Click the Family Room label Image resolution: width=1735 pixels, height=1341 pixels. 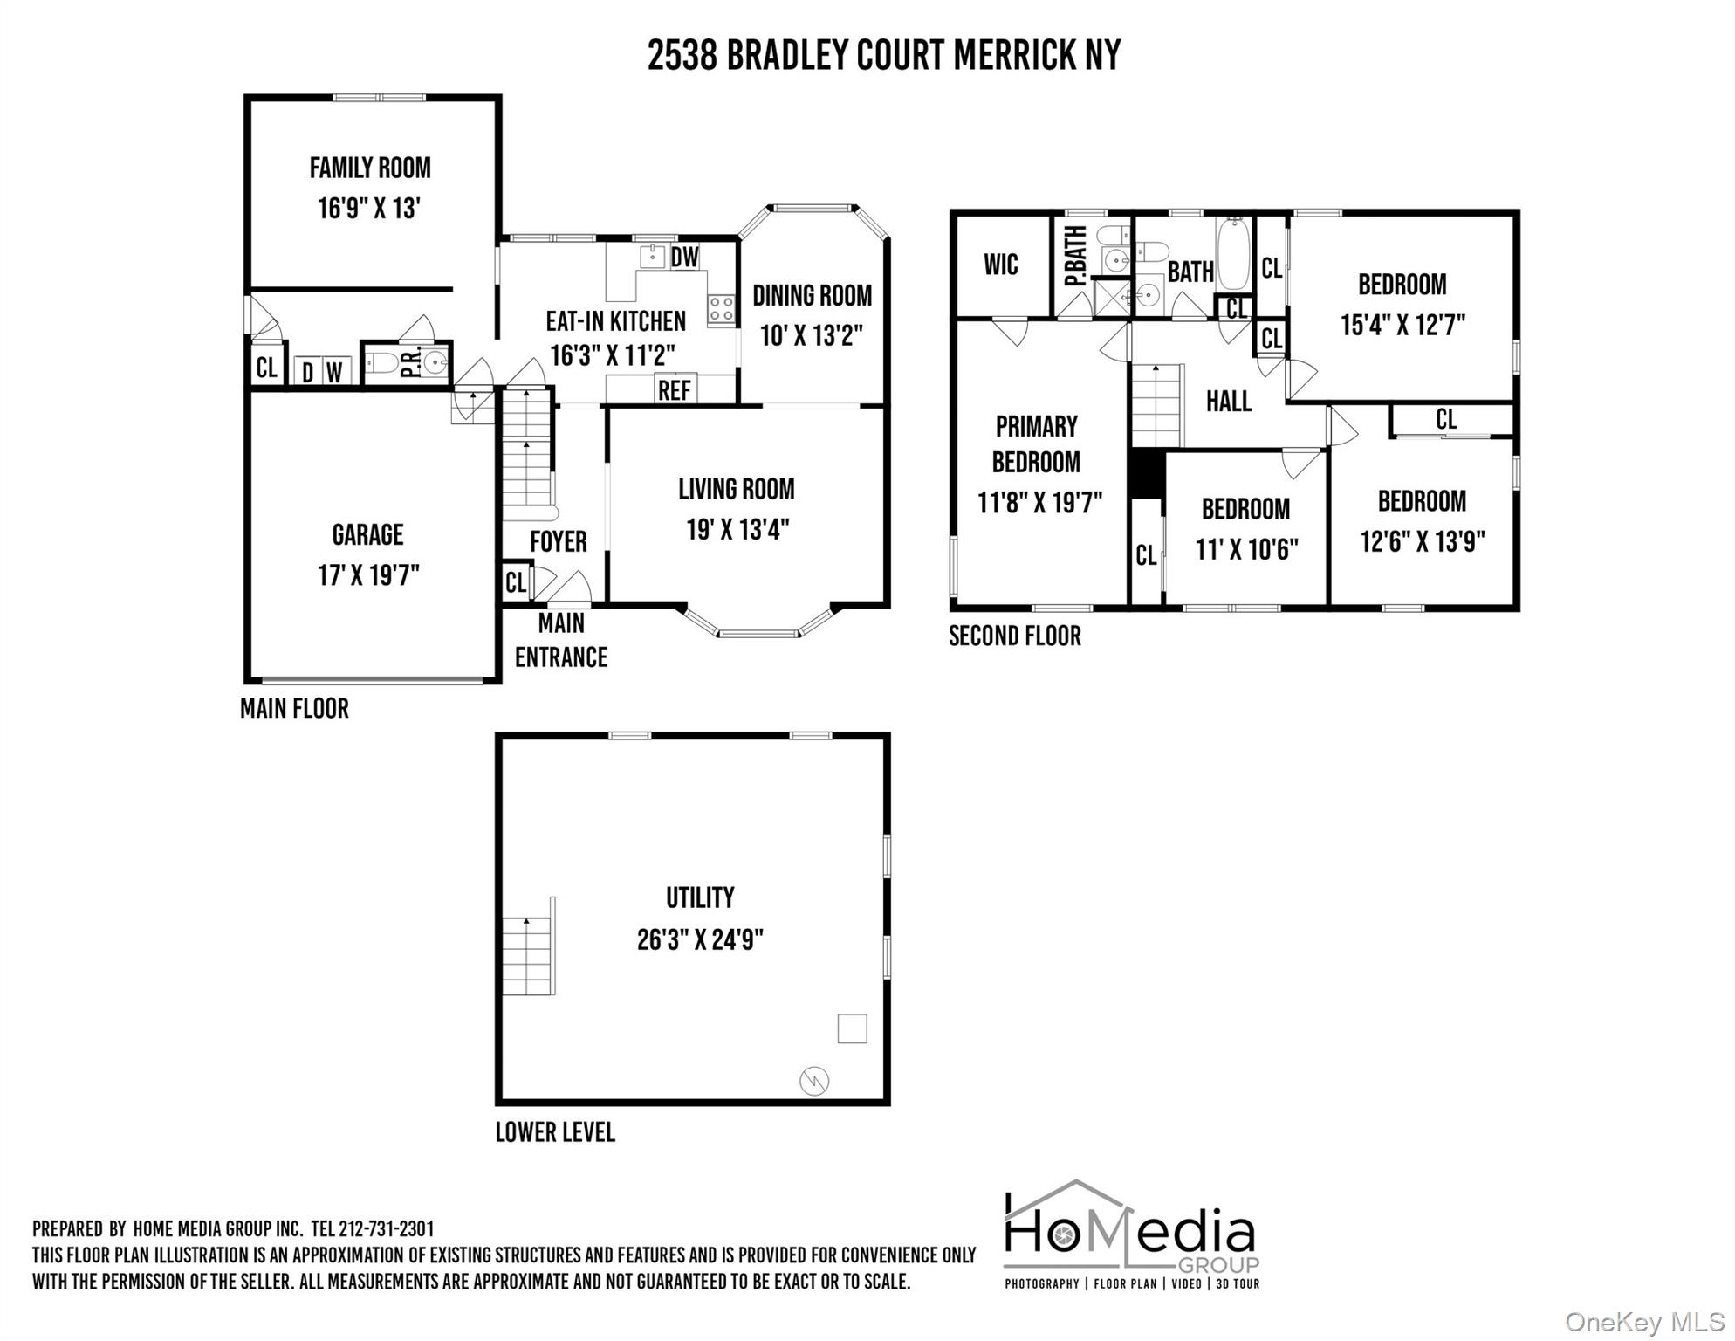(370, 168)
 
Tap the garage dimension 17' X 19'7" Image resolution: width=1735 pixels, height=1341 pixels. (368, 576)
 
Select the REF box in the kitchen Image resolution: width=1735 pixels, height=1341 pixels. (675, 389)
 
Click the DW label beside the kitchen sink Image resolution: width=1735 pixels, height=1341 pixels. (685, 257)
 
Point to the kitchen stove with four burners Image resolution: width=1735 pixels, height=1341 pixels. (721, 309)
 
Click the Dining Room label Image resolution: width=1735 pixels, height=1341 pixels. (812, 296)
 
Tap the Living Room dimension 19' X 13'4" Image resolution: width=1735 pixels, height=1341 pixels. (737, 530)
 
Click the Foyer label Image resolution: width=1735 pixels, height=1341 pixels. (559, 542)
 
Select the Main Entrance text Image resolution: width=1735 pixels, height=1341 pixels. (561, 640)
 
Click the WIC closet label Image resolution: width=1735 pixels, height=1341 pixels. (1001, 265)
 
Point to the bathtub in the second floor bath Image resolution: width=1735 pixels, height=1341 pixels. (1233, 254)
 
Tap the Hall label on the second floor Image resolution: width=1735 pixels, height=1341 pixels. (1229, 402)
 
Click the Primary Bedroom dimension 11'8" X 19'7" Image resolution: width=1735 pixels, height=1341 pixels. (1039, 504)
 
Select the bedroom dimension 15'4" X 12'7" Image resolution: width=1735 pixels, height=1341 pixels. (1402, 326)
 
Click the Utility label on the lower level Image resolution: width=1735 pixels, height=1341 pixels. (700, 897)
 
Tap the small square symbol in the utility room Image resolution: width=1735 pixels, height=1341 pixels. (852, 1028)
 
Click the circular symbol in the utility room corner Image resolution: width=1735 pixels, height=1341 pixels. (814, 1082)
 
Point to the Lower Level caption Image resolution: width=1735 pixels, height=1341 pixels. (555, 1132)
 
